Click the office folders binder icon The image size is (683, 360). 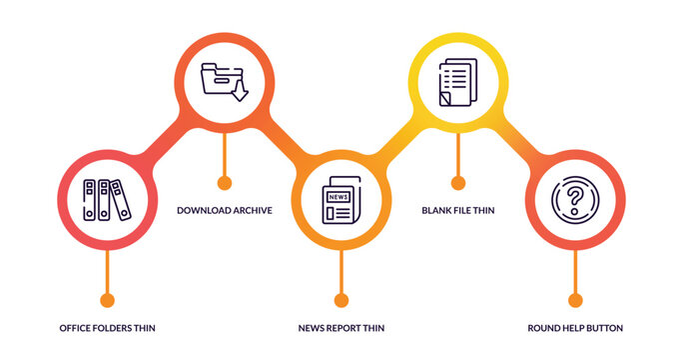point(107,199)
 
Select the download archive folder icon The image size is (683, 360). point(224,81)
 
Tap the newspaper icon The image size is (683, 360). point(341,200)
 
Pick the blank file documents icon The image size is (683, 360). point(457,82)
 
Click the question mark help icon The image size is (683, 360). point(574,199)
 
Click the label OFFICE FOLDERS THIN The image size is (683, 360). point(107,328)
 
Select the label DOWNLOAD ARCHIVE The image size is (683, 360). point(224,210)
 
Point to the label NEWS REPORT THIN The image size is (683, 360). point(341,328)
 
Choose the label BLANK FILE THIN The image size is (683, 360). point(457,210)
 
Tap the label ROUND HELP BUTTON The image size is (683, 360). point(574,328)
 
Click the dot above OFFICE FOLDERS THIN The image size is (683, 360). point(107,300)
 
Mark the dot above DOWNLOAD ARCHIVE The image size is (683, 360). point(224,183)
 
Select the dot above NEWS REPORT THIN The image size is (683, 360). point(341,300)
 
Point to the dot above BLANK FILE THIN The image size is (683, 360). point(457,183)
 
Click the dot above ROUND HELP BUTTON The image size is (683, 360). point(574,300)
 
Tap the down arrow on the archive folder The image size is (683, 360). point(240,93)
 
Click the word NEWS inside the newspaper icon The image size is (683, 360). point(338,196)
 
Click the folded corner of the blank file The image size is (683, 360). point(445,100)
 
